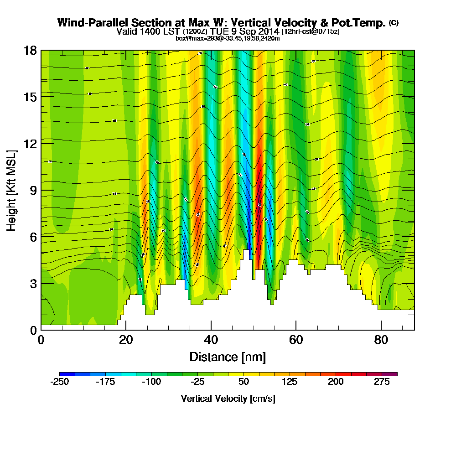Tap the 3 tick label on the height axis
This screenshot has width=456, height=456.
click(33, 284)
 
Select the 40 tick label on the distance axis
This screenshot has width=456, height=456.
click(211, 340)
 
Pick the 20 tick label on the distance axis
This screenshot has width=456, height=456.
click(126, 340)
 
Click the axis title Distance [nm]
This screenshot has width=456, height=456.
click(228, 357)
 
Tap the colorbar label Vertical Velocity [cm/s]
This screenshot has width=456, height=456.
click(228, 399)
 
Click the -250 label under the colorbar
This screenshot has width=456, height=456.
click(59, 382)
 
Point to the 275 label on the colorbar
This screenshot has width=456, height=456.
click(382, 382)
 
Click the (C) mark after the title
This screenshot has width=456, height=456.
click(394, 23)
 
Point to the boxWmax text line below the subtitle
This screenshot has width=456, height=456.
click(228, 38)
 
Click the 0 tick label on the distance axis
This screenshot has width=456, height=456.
click(41, 340)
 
